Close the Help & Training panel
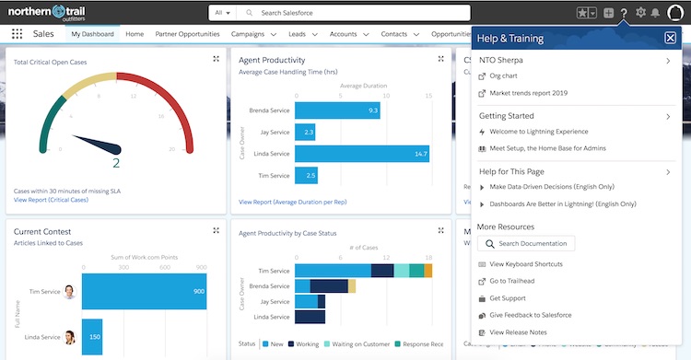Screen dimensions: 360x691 click(670, 39)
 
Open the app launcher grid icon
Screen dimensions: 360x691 click(17, 34)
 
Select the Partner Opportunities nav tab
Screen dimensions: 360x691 click(188, 34)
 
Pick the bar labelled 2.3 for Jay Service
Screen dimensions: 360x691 click(309, 133)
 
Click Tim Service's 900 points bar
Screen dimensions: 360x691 click(145, 291)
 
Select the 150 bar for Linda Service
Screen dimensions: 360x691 click(93, 337)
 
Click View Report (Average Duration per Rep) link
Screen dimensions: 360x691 click(291, 201)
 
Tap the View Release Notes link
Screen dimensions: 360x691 click(520, 332)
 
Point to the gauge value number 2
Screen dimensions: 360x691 click(116, 163)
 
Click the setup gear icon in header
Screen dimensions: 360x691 click(641, 13)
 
